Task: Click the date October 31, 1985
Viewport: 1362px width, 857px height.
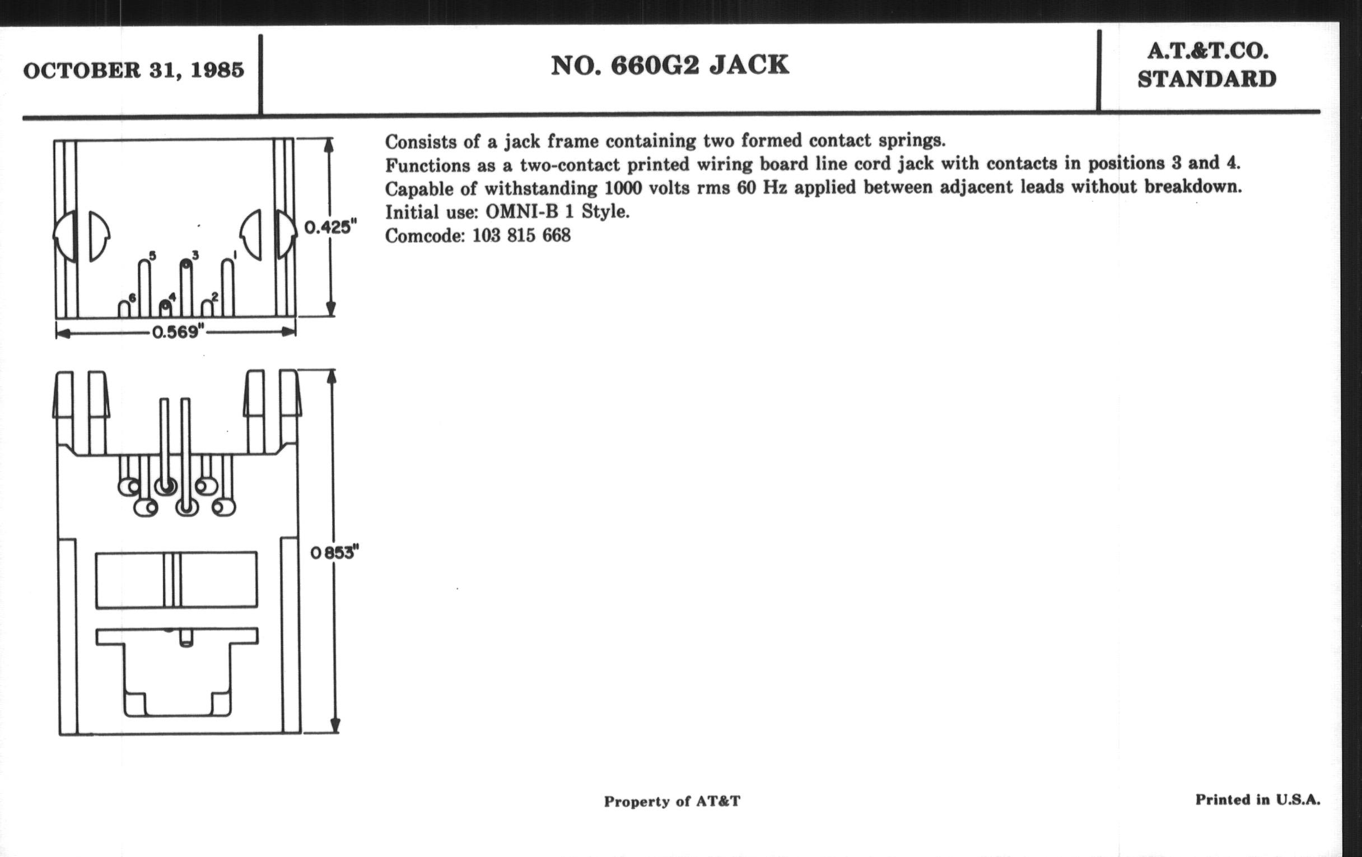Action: (x=133, y=71)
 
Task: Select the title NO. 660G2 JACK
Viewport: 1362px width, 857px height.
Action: (x=670, y=66)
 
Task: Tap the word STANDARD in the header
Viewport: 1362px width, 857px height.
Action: (x=1207, y=80)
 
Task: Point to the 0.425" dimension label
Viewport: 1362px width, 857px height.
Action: (x=330, y=227)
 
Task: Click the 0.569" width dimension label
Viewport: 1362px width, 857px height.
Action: (x=177, y=332)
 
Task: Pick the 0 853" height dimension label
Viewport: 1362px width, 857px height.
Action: (x=335, y=553)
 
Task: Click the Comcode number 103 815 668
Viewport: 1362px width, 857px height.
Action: (x=521, y=235)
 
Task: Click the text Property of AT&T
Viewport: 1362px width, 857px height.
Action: (x=671, y=801)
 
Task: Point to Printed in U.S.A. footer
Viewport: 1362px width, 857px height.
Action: (x=1257, y=800)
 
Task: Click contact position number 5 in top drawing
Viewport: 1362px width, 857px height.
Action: (x=152, y=256)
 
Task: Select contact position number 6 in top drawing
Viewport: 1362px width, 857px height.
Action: (x=132, y=298)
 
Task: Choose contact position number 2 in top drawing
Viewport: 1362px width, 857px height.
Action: (x=215, y=297)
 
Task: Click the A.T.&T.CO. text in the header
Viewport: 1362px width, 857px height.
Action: (x=1207, y=52)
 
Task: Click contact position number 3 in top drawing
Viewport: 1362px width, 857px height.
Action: (x=195, y=255)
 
